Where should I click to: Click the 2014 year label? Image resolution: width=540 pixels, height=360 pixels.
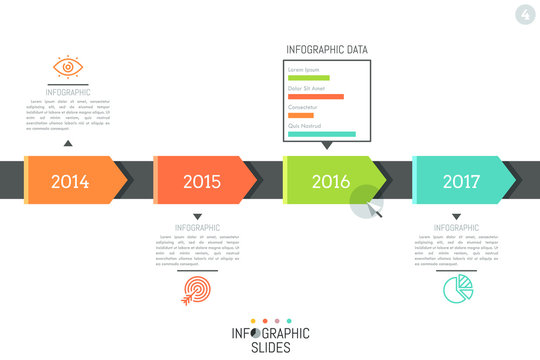(x=69, y=182)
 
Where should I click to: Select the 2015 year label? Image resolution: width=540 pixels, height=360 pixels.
(x=201, y=182)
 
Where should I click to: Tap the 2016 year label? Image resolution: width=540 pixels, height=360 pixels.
(x=331, y=182)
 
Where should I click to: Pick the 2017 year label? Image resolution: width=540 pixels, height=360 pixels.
(x=461, y=182)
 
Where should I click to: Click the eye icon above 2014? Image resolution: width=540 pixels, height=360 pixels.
(x=68, y=68)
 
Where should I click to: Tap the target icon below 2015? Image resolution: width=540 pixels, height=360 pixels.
(x=196, y=290)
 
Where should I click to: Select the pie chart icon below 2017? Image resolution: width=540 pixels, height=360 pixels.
(x=457, y=289)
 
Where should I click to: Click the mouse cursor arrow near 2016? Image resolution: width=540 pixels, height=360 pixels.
(x=373, y=210)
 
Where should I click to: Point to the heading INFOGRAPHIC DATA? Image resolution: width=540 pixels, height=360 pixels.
(x=326, y=48)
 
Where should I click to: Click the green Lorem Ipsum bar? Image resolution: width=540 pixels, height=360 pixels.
(x=308, y=78)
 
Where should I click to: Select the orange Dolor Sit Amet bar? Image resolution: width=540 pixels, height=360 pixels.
(x=315, y=97)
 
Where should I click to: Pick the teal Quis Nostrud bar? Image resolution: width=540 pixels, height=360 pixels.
(x=321, y=133)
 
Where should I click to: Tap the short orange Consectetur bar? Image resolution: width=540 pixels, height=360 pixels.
(x=300, y=115)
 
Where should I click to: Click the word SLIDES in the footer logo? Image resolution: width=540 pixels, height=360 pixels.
(x=270, y=348)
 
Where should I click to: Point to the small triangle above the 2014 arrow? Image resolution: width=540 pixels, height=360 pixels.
(x=68, y=144)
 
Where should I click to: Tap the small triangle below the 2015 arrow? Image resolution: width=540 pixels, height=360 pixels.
(x=196, y=216)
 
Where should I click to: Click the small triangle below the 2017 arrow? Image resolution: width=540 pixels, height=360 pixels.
(x=456, y=216)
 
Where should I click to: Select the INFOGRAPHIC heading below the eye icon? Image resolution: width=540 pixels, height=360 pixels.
(x=68, y=91)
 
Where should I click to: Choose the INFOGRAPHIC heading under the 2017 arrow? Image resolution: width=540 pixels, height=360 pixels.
(x=456, y=228)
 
